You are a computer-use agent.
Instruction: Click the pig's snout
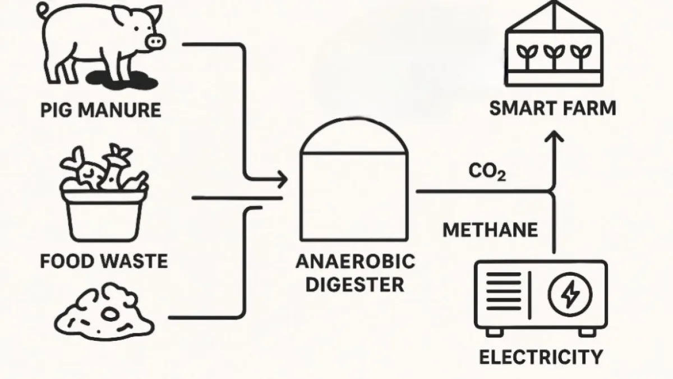tap(155, 40)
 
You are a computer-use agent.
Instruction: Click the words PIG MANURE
tap(101, 109)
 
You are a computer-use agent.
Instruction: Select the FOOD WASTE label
tap(104, 261)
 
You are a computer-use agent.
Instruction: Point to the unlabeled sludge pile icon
tap(104, 317)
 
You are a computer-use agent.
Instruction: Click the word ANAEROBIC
tap(355, 261)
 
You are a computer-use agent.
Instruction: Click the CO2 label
tap(487, 173)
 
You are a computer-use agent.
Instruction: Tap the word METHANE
tap(490, 230)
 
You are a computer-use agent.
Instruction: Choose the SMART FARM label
tap(552, 108)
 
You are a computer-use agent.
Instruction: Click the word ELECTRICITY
tap(541, 357)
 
